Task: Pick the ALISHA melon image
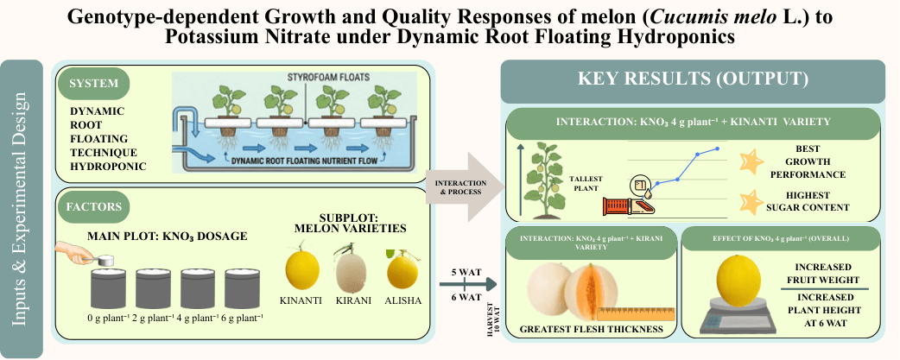tap(402, 268)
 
